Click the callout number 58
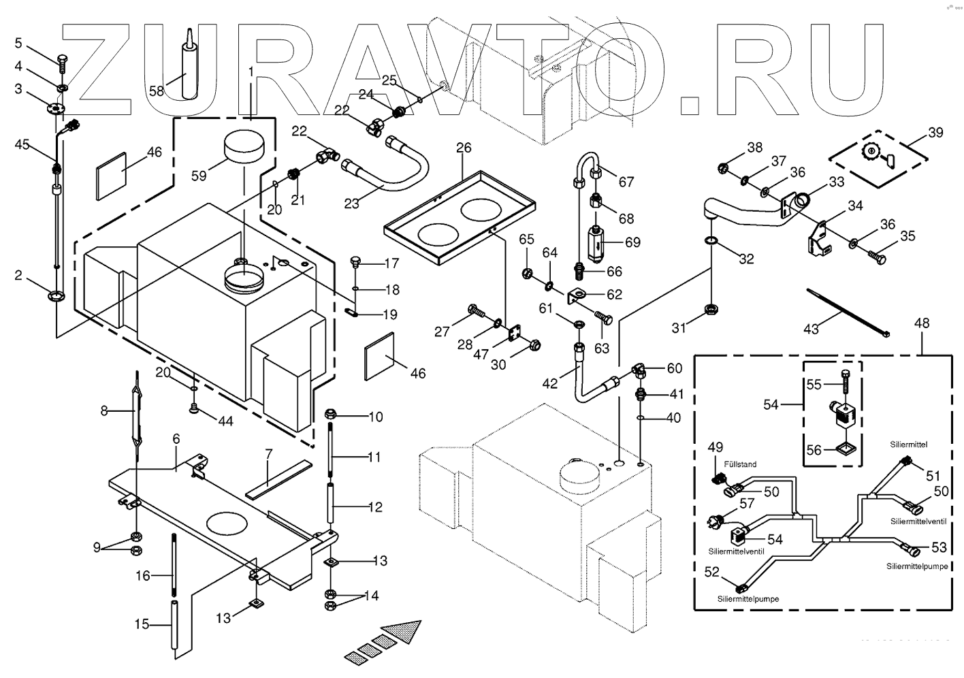pos(157,91)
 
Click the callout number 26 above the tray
pos(464,148)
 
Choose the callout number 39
pos(936,133)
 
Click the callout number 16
pos(142,576)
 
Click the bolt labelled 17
pos(355,263)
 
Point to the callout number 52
pos(711,573)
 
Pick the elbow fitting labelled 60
pos(639,370)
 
